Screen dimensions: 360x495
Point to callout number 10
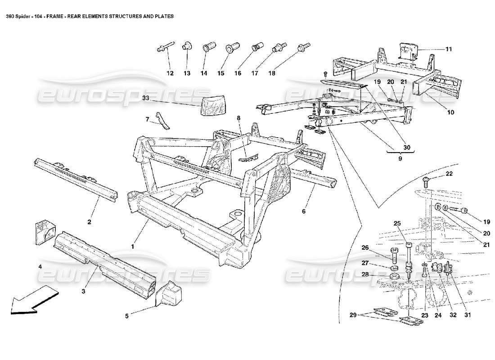pos(450,112)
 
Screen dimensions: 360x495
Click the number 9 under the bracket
pos(400,158)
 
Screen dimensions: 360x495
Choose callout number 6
pos(303,211)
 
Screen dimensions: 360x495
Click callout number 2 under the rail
pos(89,222)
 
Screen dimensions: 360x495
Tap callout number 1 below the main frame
pos(132,247)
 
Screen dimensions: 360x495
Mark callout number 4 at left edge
pos(40,267)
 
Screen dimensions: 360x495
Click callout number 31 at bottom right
pos(467,315)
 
